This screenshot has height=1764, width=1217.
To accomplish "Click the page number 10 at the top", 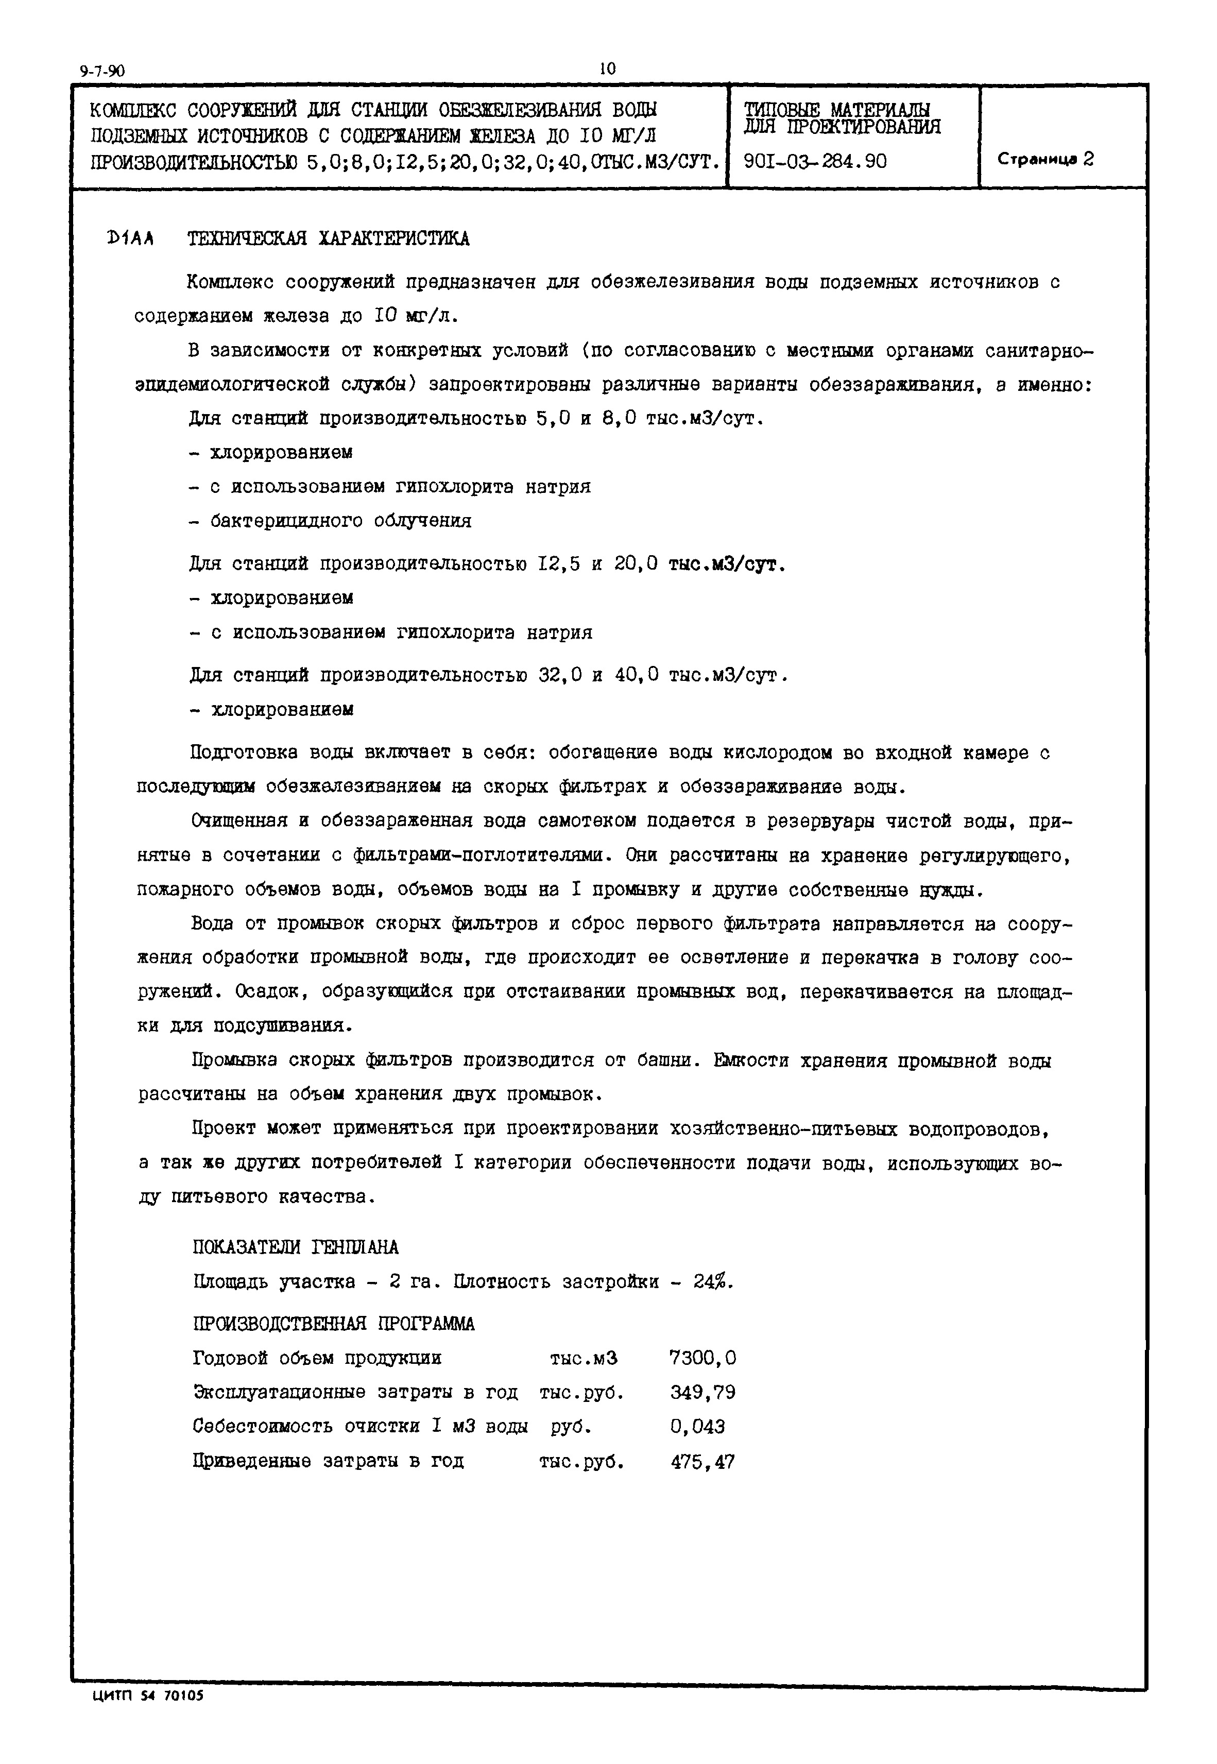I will pos(607,68).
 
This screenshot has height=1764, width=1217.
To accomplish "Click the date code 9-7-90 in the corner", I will pos(101,72).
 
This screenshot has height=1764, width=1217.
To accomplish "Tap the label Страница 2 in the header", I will pos(1045,159).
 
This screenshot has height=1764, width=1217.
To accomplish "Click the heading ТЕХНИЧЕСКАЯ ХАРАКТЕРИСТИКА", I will pos(328,239).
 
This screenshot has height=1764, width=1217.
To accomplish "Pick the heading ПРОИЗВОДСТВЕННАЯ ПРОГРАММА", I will pos(333,1324).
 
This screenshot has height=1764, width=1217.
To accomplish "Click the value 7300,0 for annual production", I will pos(702,1359).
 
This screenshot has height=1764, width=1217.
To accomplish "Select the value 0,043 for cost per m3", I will pos(697,1427).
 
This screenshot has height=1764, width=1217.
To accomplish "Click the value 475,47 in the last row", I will pos(702,1462).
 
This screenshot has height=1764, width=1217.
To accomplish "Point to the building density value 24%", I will pos(712,1282).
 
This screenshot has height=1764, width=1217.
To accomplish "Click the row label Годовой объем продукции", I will pos(317,1359).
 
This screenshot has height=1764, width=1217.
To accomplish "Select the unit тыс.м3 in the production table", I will pos(584,1359).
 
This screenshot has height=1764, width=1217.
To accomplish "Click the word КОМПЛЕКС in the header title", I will pos(133,111).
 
